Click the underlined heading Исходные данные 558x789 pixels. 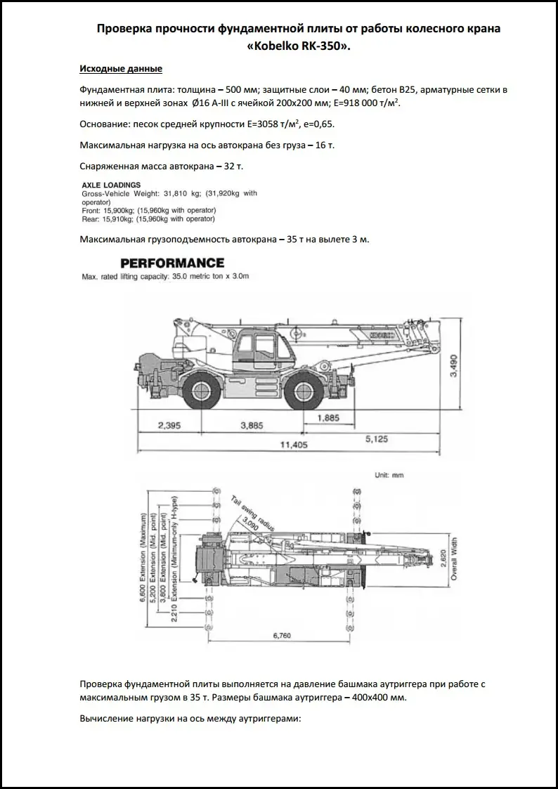(x=121, y=69)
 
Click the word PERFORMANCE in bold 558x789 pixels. (x=172, y=263)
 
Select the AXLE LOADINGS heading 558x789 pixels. (x=111, y=185)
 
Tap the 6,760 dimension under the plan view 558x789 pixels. (x=280, y=637)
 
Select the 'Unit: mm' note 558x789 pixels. (x=389, y=475)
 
